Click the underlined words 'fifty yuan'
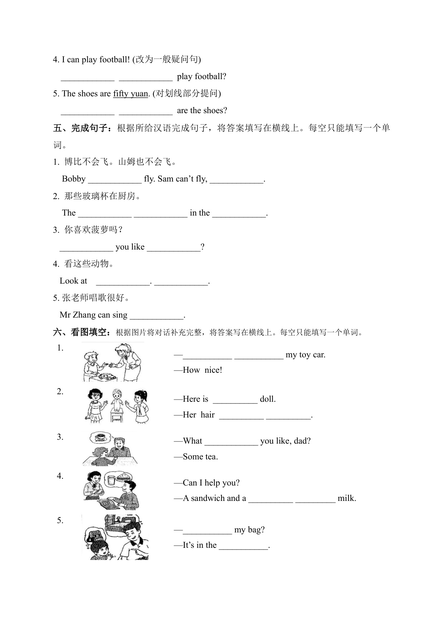coord(130,94)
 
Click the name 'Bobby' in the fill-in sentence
coord(74,179)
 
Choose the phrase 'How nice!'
coord(203,370)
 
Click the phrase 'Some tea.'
coord(200,456)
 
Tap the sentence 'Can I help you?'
coord(211,483)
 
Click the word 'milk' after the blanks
coord(347,498)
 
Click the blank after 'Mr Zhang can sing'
coord(157,316)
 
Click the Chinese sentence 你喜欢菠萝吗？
coord(93,230)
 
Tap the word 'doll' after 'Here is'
coord(268,399)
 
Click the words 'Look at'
coord(73,281)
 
